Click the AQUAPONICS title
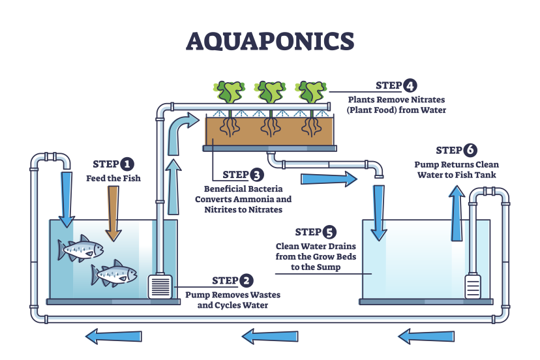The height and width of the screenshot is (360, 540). pyautogui.click(x=269, y=41)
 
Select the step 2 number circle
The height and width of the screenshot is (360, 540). pyautogui.click(x=246, y=281)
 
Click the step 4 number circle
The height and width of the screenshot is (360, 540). pyautogui.click(x=410, y=85)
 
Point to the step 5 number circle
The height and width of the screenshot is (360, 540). pyautogui.click(x=331, y=232)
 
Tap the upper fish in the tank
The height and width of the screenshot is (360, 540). pyautogui.click(x=81, y=247)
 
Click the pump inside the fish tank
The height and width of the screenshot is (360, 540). pyautogui.click(x=161, y=286)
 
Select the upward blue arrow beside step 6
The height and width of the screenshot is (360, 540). pyautogui.click(x=457, y=208)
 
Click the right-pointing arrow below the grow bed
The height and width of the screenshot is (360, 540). pyautogui.click(x=329, y=178)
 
